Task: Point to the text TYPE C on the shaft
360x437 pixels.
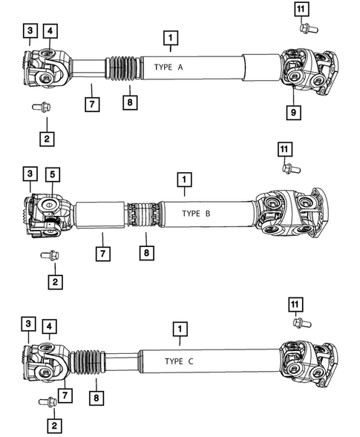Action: click(179, 361)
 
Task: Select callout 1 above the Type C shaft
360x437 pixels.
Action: click(178, 327)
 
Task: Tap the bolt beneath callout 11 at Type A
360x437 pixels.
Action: click(305, 28)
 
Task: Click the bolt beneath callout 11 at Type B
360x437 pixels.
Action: click(287, 168)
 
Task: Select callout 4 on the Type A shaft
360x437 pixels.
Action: click(50, 30)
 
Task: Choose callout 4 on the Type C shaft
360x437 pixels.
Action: click(48, 326)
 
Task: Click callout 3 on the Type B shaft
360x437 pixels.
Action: click(29, 174)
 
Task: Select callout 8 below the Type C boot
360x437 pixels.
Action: click(96, 398)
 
